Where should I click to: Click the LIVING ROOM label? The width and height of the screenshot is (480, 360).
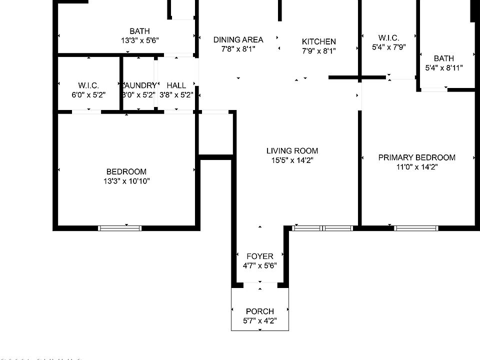pos(292,150)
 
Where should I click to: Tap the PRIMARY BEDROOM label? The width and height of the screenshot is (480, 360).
pos(416,157)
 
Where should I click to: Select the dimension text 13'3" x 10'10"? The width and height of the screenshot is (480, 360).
pos(126,181)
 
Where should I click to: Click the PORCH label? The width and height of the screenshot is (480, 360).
pos(259,311)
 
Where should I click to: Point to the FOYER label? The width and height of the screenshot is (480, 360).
pos(259,256)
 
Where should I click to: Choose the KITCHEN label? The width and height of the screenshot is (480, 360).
pos(318,41)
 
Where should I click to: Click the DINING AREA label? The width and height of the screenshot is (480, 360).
pos(238,39)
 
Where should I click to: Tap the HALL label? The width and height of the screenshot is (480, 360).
pos(176,85)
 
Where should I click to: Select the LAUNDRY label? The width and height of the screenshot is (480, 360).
pos(139,85)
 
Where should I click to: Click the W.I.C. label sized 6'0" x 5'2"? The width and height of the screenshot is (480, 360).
pos(88,85)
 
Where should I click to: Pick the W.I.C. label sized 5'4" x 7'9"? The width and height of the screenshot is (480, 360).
pos(388,38)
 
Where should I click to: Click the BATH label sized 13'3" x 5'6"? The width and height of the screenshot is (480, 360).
pos(139,31)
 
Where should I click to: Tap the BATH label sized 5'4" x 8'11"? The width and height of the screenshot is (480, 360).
pos(443,58)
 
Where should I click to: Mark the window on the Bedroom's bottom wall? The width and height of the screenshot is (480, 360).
pos(120,228)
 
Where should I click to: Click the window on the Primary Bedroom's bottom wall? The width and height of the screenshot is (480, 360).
pos(416,228)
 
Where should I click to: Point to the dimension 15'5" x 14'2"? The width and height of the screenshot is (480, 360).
pos(292,160)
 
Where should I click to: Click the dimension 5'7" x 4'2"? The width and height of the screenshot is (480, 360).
pos(259,320)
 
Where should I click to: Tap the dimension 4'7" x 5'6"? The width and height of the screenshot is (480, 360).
pos(259,266)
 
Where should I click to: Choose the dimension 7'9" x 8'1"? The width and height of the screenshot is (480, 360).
pos(318,51)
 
